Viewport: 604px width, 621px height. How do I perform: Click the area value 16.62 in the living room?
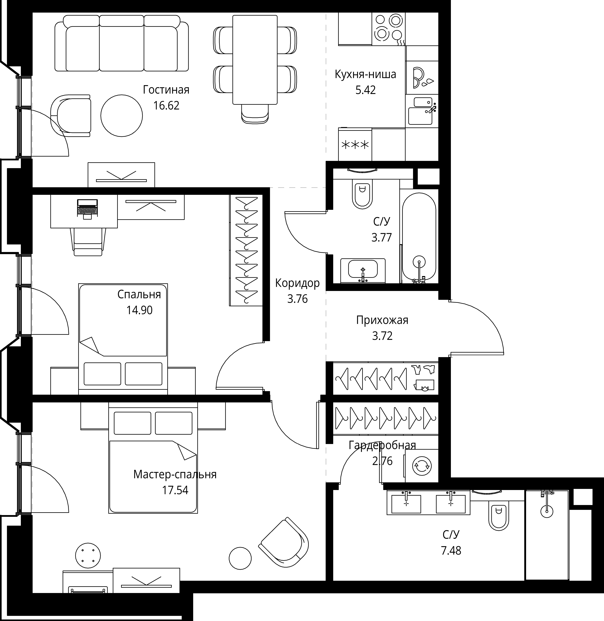click(166, 105)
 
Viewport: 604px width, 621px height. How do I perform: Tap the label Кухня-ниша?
click(365, 74)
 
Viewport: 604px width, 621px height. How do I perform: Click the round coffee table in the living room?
click(122, 115)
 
